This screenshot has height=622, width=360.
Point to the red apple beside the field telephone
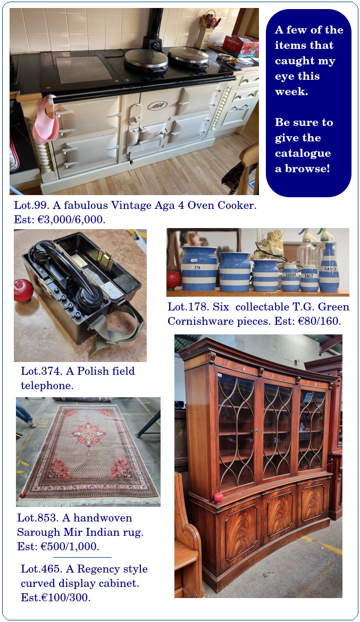(23, 290)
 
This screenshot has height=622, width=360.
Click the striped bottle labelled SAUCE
(329, 268)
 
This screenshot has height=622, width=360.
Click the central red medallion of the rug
(88, 434)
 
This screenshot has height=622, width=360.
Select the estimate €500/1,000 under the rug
(70, 547)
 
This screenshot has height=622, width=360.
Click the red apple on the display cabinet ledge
(219, 498)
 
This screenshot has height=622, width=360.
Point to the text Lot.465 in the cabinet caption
(41, 569)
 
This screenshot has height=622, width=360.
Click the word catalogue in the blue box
(303, 154)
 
